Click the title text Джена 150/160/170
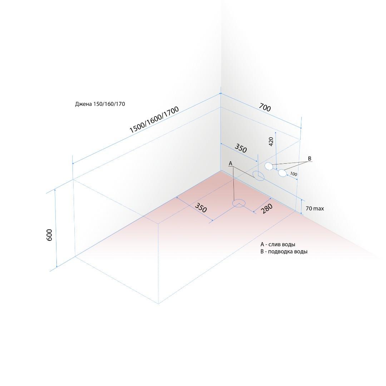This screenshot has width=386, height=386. [100, 104]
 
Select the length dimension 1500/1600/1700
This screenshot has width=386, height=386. [154, 120]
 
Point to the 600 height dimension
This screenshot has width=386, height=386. [49, 235]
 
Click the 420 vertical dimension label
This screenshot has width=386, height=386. [271, 142]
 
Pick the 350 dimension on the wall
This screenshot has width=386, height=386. [241, 148]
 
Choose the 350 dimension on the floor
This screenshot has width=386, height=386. [201, 208]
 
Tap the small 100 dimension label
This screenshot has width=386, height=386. [293, 174]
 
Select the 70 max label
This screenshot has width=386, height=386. [315, 208]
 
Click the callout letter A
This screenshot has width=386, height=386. [231, 163]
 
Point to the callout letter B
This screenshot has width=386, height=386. [310, 159]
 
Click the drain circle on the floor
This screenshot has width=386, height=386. [239, 203]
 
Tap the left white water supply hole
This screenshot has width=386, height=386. [269, 167]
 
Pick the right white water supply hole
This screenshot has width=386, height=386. [282, 173]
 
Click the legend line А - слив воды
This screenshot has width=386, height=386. [278, 244]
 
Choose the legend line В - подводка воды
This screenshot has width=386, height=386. [284, 252]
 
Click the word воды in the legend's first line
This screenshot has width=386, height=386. [288, 245]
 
